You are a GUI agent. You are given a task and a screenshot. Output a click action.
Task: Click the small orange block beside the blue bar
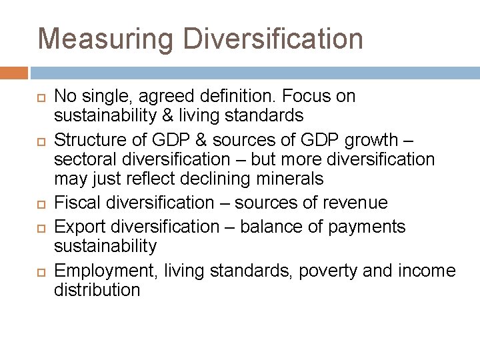(14, 72)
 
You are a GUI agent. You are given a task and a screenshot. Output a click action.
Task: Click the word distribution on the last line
(97, 290)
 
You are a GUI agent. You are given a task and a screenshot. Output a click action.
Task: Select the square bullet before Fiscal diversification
(39, 203)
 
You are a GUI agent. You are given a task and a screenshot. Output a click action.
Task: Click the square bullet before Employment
(39, 271)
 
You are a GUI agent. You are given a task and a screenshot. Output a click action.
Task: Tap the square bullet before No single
(39, 97)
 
